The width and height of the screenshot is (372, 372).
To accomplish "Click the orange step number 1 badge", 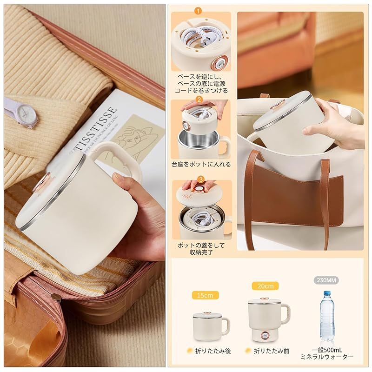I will (199, 10).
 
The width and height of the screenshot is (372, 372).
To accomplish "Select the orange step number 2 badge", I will (199, 99).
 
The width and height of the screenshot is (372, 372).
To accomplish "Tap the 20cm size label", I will (262, 286).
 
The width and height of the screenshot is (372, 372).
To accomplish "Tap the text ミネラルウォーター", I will (327, 357).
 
